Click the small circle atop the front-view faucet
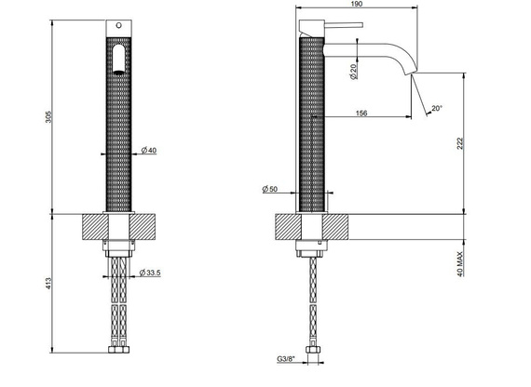point(117,22)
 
